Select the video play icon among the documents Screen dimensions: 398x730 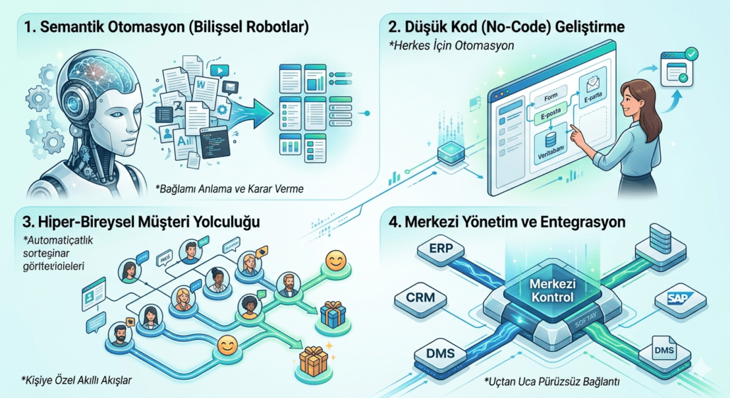(221, 71)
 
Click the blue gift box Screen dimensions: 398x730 (332, 312)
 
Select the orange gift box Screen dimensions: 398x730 (313, 363)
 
